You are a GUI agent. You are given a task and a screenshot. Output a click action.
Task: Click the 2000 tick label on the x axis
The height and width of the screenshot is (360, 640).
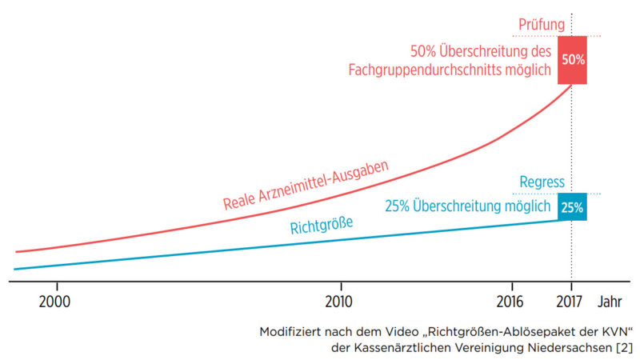pos(54,302)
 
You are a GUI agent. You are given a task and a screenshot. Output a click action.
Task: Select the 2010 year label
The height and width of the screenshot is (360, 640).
pos(338,302)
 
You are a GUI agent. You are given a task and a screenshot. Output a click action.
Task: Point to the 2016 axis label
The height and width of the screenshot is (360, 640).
pos(510,302)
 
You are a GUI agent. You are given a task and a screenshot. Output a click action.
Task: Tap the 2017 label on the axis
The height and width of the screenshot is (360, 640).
pos(570,302)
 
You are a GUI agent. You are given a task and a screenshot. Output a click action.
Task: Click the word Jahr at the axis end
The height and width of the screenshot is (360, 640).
pos(610,302)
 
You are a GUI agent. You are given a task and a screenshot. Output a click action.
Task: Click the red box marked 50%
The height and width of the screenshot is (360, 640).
pos(572,60)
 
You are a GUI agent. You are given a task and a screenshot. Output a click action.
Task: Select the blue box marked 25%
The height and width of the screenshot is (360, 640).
pos(572,207)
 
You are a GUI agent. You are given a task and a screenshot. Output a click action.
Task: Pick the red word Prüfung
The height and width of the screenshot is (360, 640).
pos(542,25)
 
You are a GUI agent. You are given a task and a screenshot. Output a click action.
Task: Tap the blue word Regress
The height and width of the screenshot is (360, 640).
pos(542,182)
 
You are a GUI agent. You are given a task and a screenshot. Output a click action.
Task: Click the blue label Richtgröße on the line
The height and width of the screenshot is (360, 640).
pos(322,226)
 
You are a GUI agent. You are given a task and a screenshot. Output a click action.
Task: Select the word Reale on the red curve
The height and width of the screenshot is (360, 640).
pos(239,202)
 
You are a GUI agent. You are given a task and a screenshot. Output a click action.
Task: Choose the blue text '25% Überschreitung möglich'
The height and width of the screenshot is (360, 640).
pos(468,206)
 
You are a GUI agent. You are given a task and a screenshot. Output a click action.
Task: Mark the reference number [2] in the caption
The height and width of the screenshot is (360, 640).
pos(624,348)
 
